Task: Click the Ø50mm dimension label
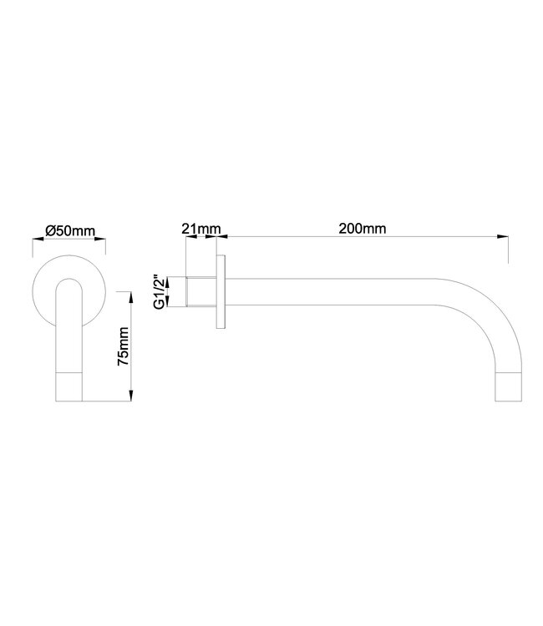[69, 230]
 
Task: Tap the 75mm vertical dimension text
[123, 348]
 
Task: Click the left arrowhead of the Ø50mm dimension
[36, 240]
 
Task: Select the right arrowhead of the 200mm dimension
[505, 237]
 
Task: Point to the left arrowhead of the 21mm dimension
[189, 237]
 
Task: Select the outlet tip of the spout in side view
[512, 386]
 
